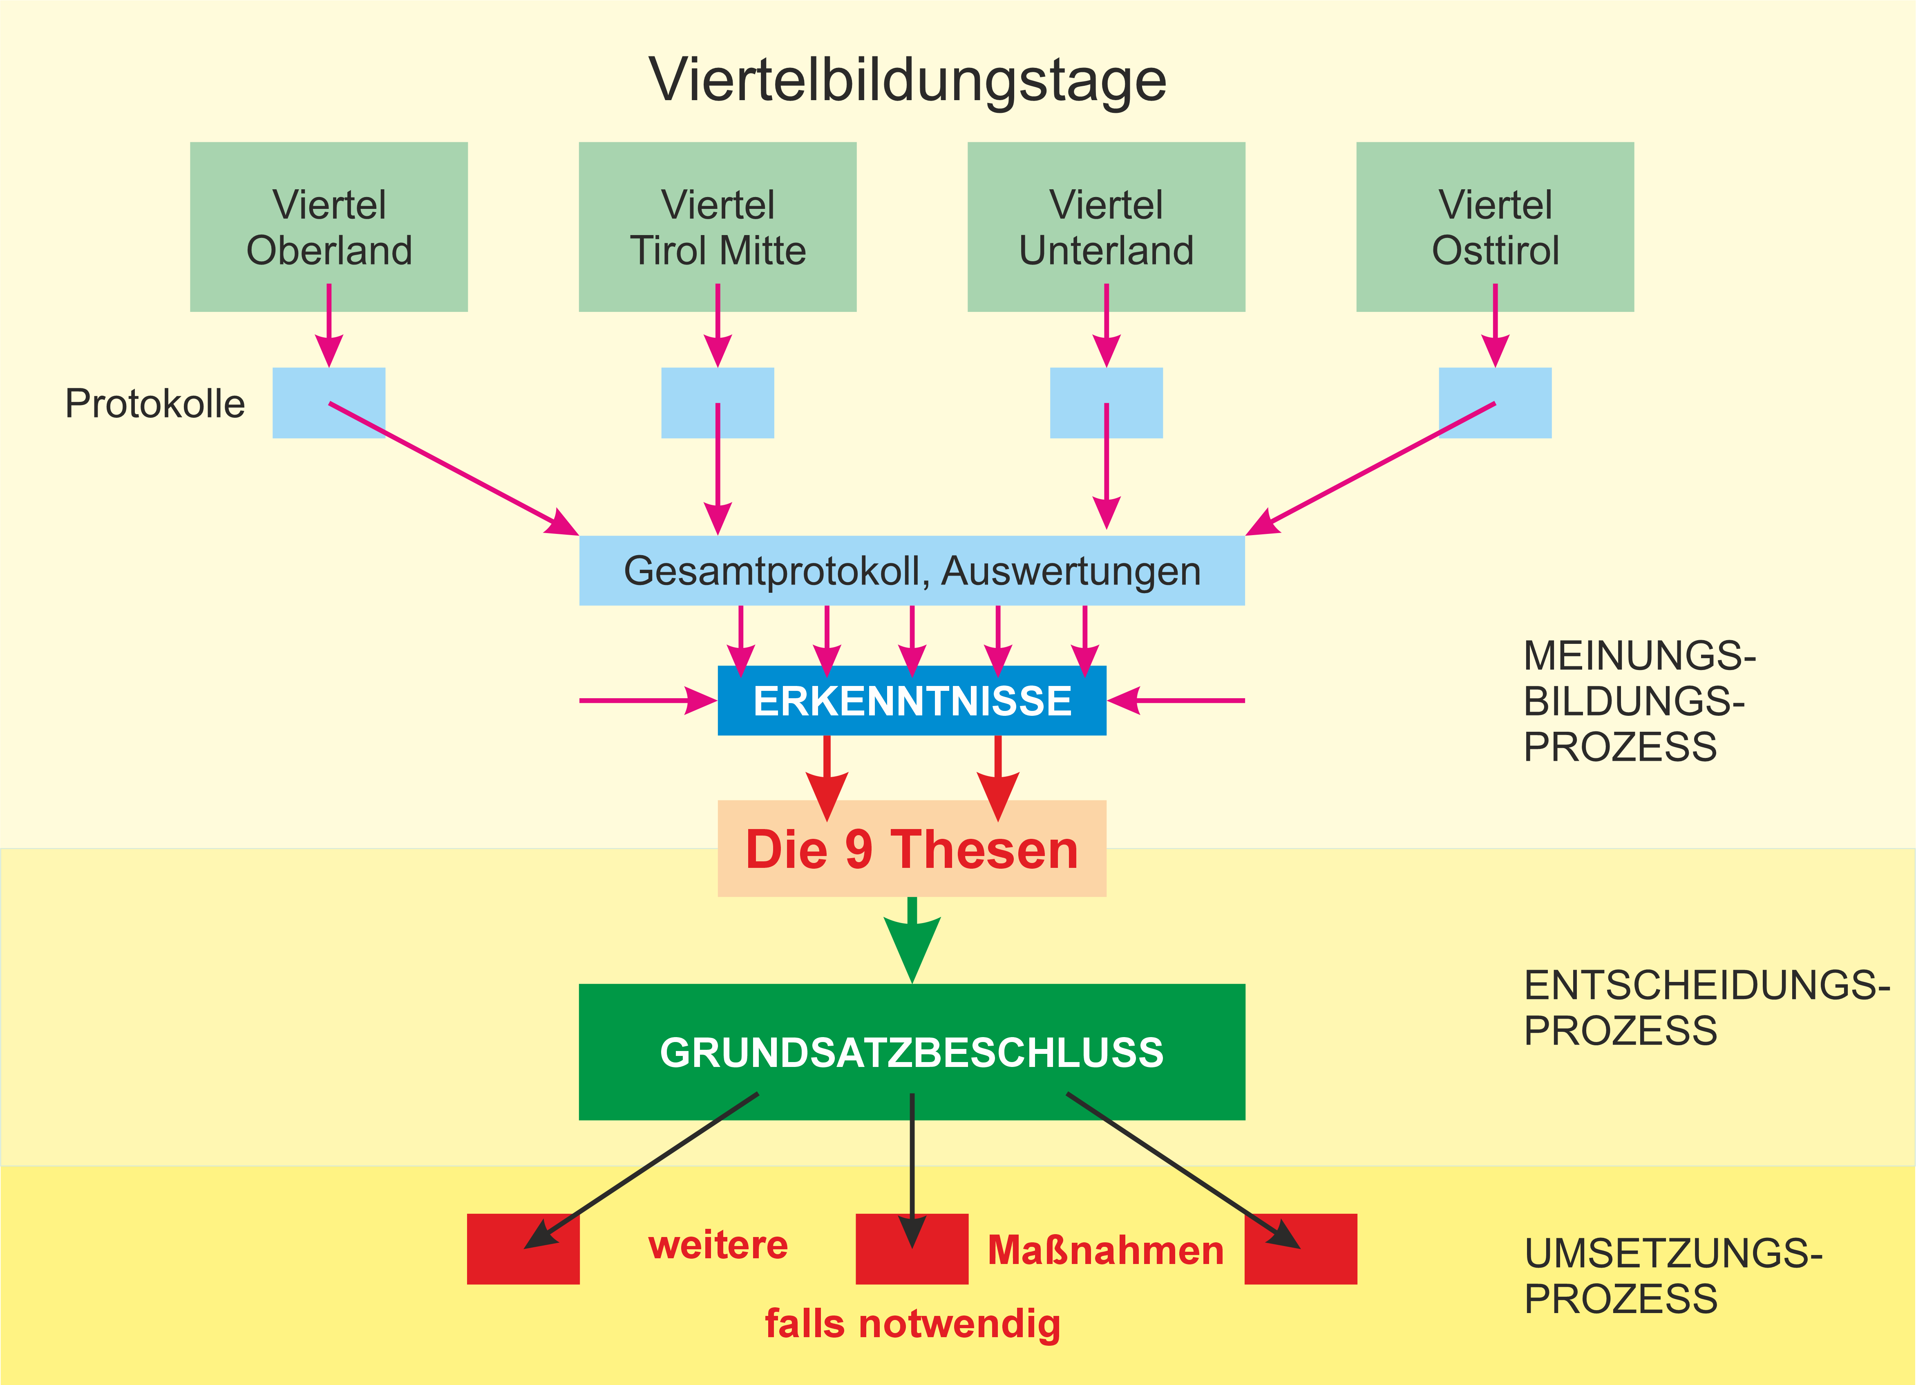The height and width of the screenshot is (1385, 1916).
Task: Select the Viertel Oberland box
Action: [329, 226]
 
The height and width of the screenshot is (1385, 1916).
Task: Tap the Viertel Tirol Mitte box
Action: [717, 226]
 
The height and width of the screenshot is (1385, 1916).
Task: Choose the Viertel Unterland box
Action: [1106, 226]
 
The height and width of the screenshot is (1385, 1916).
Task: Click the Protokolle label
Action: [154, 404]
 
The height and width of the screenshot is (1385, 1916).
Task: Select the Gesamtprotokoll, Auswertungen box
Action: [912, 570]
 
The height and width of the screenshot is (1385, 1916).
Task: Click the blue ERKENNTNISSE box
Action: [912, 701]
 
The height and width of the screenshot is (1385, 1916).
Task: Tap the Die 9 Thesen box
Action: [912, 848]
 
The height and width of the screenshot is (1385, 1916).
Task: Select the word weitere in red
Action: [717, 1246]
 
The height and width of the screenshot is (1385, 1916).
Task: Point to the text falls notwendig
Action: [912, 1323]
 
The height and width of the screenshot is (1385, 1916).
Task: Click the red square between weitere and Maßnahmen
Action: [912, 1249]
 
